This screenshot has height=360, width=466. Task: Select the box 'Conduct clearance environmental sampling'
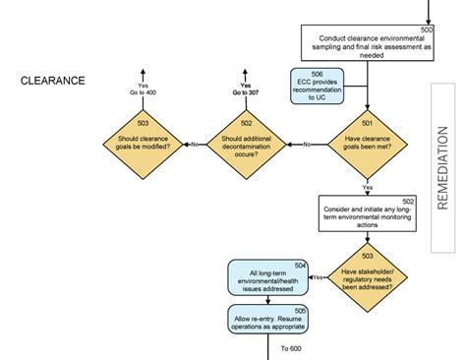click(364, 44)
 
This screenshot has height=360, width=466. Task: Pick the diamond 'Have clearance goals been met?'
click(368, 144)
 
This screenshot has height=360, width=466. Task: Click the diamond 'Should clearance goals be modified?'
click(144, 144)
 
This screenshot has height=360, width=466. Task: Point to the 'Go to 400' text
click(144, 92)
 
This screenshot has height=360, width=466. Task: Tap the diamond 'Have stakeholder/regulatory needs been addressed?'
click(369, 278)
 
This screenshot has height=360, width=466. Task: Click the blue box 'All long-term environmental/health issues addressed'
click(268, 278)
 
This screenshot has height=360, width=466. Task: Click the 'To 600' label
click(291, 348)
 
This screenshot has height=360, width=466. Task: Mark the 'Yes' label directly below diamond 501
click(368, 186)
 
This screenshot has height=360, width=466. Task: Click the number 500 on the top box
click(426, 31)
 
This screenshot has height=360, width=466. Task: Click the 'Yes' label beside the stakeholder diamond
click(318, 278)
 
